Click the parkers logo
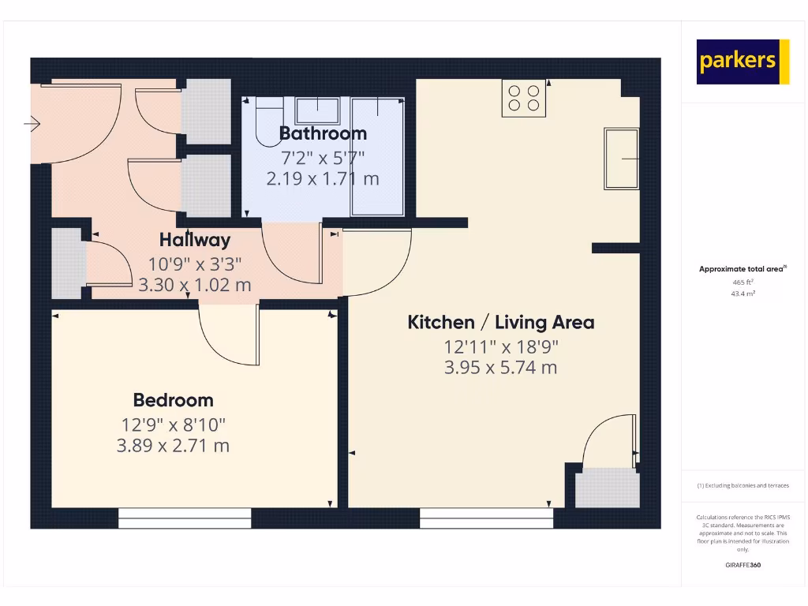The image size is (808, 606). (743, 62)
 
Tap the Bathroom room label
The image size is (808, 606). (323, 133)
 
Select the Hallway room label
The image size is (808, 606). (195, 240)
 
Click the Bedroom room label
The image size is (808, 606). (173, 400)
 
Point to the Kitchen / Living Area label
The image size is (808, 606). (500, 322)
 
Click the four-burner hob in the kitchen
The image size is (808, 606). (524, 98)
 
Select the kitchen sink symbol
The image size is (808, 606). (622, 159)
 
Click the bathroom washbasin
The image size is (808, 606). (317, 110)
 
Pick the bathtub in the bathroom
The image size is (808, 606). (378, 155)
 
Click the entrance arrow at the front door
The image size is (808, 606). (32, 123)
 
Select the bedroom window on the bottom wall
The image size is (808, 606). (185, 518)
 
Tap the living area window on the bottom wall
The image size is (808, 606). (486, 518)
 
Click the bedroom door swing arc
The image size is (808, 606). (229, 339)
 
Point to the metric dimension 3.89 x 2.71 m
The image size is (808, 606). (173, 446)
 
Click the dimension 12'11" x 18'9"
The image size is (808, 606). (500, 346)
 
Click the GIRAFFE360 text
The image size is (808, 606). (743, 565)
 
